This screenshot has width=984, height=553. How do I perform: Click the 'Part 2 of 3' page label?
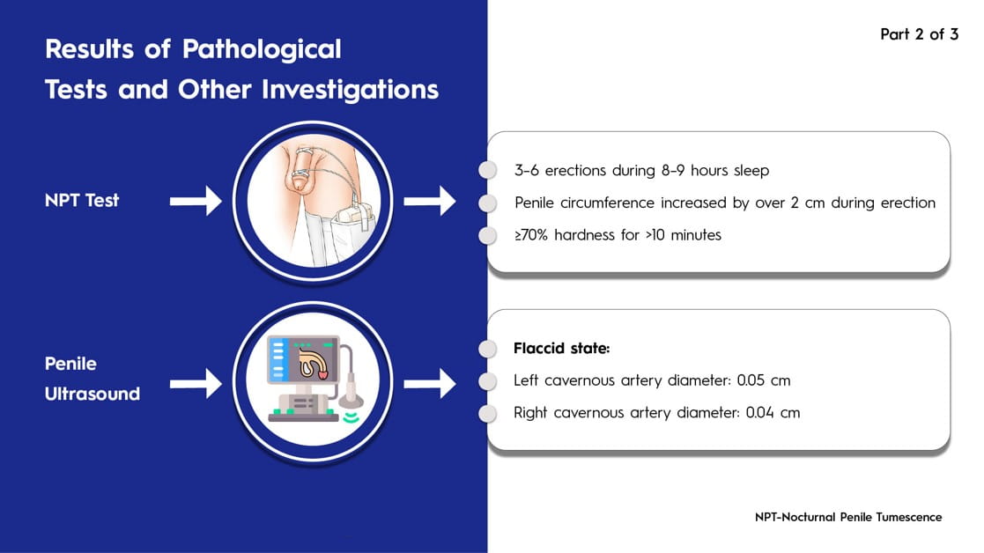[919, 35]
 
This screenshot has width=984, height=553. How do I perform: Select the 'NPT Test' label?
[82, 200]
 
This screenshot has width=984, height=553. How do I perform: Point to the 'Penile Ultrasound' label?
[92, 379]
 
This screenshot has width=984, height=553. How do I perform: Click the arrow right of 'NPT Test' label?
[195, 202]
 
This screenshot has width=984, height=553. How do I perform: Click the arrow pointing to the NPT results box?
[429, 202]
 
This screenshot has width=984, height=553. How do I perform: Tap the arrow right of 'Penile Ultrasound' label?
[195, 383]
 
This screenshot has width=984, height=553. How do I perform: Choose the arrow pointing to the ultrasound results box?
[429, 383]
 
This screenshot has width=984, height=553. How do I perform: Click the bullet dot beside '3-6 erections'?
[488, 170]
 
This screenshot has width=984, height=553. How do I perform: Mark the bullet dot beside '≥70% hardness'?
[488, 235]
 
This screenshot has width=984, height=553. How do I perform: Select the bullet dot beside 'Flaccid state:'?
[488, 349]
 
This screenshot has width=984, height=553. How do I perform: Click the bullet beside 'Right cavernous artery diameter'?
[488, 412]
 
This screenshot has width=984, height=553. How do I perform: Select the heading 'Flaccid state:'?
[561, 349]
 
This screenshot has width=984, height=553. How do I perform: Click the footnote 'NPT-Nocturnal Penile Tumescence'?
[847, 517]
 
